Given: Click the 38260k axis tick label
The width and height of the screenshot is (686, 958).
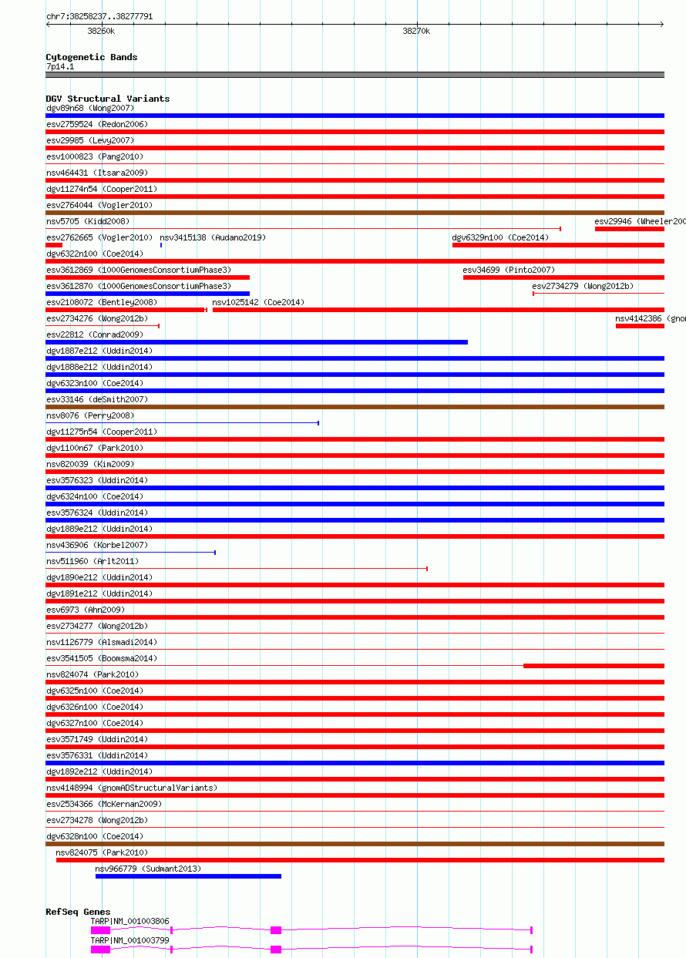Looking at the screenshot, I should pos(101,32).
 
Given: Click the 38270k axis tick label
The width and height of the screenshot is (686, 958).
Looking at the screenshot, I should pos(416,32).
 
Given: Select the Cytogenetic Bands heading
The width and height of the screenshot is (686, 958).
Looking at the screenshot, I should pos(92,57).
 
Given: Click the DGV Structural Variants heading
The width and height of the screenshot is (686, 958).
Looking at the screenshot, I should pos(108,99).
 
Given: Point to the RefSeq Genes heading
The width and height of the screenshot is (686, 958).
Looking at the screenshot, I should pos(78,913).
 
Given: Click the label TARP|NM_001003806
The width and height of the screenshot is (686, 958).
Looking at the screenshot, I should pos(129,921).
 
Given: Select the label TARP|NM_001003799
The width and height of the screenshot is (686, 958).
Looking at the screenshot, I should pos(129,940).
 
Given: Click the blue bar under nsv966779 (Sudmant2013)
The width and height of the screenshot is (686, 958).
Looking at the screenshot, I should pos(188,876).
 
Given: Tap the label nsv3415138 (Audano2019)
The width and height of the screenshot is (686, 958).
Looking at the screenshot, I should pos(213,237).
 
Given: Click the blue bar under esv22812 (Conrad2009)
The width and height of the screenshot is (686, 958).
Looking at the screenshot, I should pos(257,342).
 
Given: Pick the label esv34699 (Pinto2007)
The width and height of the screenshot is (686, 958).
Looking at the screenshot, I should pos(509,270).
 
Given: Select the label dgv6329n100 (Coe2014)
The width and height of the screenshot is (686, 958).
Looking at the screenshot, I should pos(500,237).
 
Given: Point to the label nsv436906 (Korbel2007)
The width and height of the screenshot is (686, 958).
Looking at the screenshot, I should pos(97,545).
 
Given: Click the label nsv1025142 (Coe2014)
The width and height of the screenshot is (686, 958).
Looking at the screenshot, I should pos(258,302).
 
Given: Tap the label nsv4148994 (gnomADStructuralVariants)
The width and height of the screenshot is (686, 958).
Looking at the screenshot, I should pos(132,788).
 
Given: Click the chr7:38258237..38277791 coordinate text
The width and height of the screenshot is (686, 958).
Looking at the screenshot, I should pos(99,16).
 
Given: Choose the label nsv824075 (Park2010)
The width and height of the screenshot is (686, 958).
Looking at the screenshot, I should pos(102,852).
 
